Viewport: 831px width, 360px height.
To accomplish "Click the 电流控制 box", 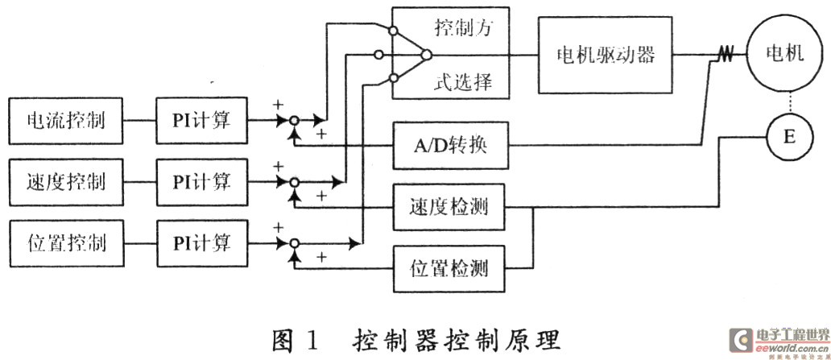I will (x=67, y=121).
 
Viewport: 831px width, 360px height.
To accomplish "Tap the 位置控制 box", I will (x=67, y=240).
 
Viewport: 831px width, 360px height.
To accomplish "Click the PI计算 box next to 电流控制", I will (x=201, y=121).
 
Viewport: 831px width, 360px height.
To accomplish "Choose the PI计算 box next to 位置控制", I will (x=201, y=240).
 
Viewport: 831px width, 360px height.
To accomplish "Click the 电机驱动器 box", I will (x=603, y=55).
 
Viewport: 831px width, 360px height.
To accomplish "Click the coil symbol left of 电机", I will (x=724, y=55).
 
